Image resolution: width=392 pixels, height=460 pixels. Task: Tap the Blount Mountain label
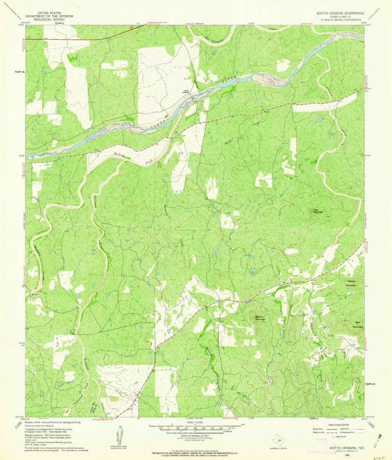(260, 318)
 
